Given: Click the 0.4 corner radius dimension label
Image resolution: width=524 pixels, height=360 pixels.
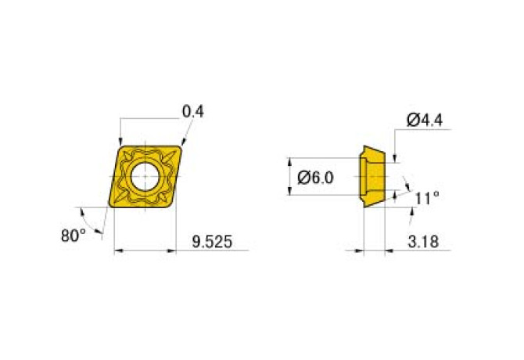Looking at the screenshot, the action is tap(193, 112).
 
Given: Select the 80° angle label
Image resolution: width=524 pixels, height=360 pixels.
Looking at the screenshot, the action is tap(74, 236).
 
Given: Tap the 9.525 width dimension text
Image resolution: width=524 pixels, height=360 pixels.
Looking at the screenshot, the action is tap(212, 242).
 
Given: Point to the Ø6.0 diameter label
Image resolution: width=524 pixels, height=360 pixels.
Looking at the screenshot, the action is tap(315, 178).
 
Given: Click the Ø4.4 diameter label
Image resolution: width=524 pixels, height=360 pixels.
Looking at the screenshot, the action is tap(425, 120).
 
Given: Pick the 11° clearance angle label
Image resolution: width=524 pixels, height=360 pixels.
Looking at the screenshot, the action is tap(427, 199).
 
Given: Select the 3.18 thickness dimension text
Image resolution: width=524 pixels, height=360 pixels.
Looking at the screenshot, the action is tap(423, 242).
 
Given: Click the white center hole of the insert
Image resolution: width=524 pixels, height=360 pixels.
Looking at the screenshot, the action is tap(145, 176).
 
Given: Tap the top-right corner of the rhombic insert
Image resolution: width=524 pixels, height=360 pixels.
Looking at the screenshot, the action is tap(181, 146).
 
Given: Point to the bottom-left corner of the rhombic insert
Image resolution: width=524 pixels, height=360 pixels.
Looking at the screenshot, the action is tap(110, 207).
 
